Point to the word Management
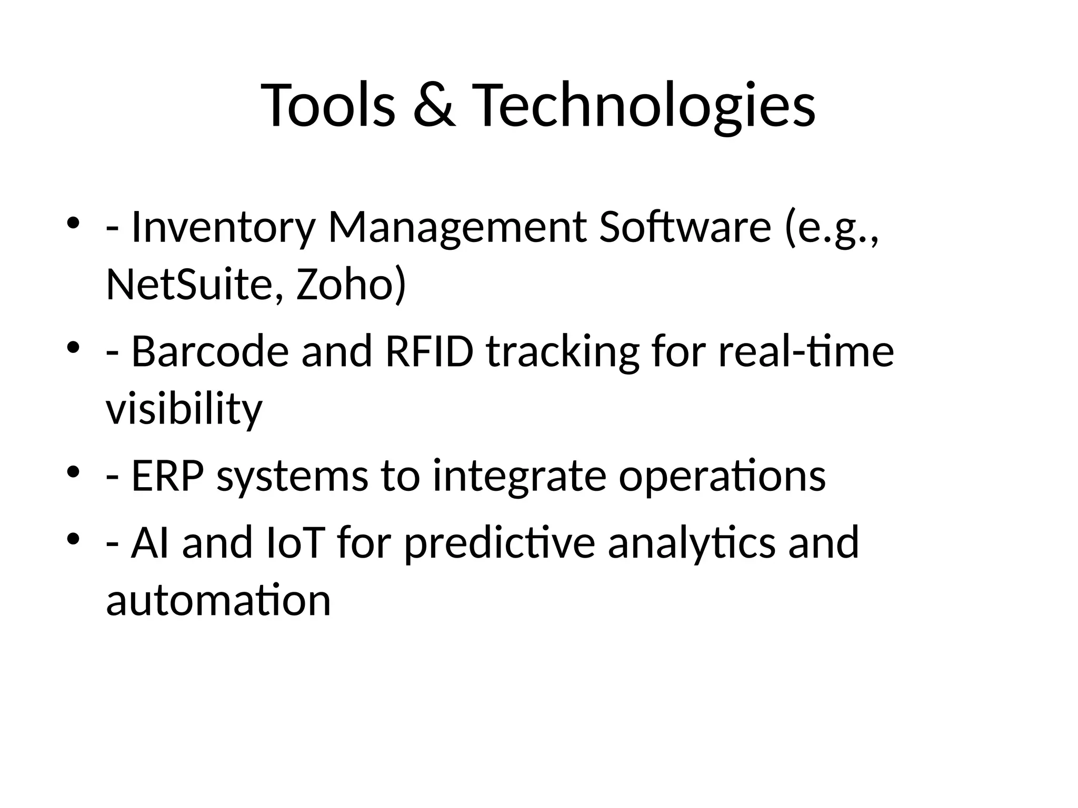click(457, 227)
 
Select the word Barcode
click(209, 351)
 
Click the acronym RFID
click(430, 351)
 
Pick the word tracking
click(562, 351)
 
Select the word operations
click(722, 476)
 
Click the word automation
click(218, 600)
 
